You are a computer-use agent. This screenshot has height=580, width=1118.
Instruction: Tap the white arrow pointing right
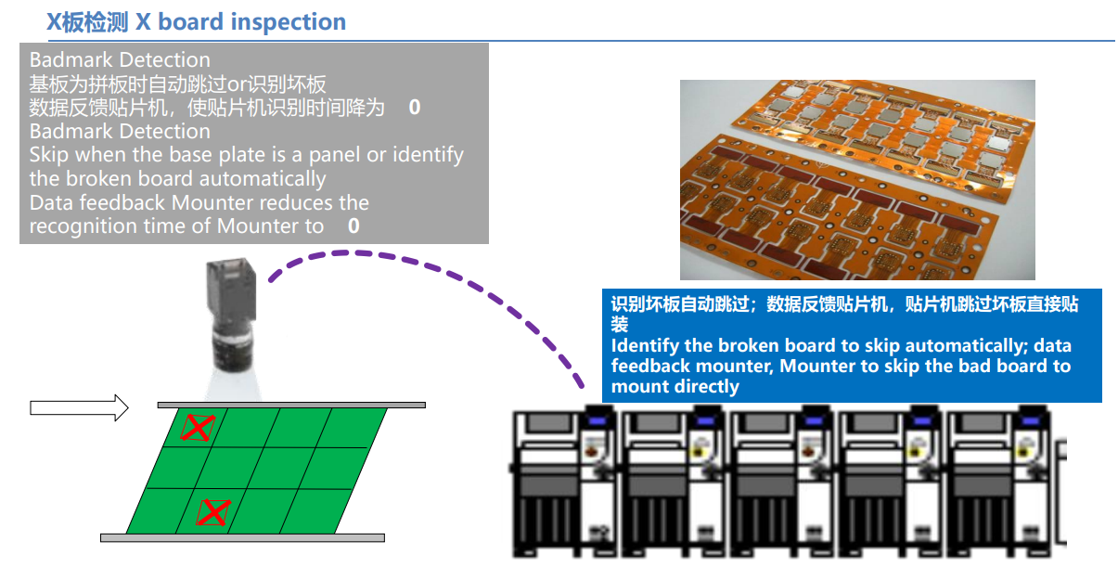(x=79, y=406)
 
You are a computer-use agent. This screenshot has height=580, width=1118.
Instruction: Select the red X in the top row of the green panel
(x=197, y=428)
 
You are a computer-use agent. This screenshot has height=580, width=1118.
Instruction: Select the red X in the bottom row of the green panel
(x=214, y=511)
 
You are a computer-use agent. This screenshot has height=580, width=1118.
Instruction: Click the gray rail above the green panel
(x=290, y=405)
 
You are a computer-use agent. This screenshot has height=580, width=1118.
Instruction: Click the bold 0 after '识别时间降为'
(x=414, y=108)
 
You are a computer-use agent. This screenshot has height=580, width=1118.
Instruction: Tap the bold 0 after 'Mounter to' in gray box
(x=353, y=226)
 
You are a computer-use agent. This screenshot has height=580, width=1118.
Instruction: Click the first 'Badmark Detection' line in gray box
(x=120, y=60)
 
